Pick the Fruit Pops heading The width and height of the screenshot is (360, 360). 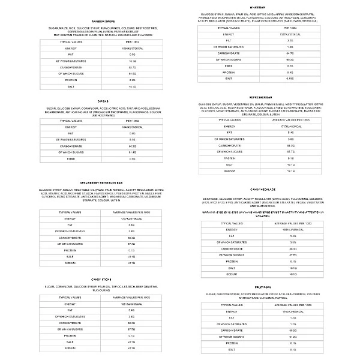[270, 288]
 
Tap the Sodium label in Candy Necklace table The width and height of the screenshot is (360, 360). [230, 274]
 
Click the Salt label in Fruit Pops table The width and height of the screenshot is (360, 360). [230, 349]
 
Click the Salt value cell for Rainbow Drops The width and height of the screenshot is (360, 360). [132, 86]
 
